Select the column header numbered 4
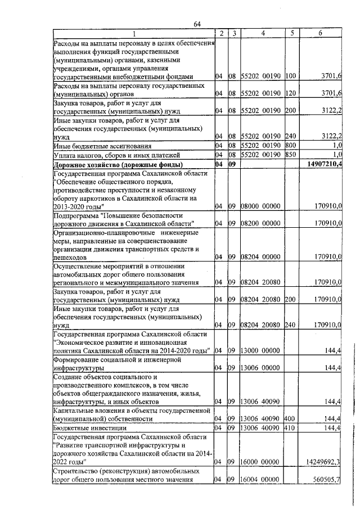262,33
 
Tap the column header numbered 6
320,33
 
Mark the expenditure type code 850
291,155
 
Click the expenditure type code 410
291,428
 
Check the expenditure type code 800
291,146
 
